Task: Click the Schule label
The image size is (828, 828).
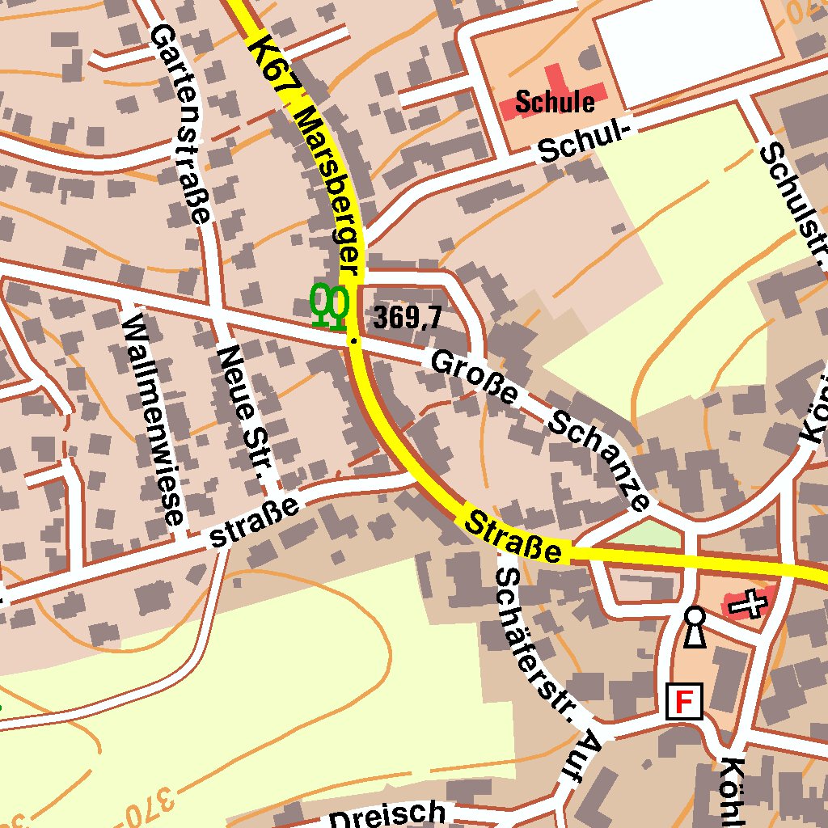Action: click(x=555, y=102)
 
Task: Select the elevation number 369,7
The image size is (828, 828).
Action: click(x=408, y=318)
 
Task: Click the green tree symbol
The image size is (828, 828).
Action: click(x=330, y=306)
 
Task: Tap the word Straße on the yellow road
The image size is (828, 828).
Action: click(x=513, y=534)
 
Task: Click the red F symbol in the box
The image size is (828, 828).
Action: click(x=684, y=702)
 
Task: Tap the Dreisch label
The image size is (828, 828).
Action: click(x=387, y=815)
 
